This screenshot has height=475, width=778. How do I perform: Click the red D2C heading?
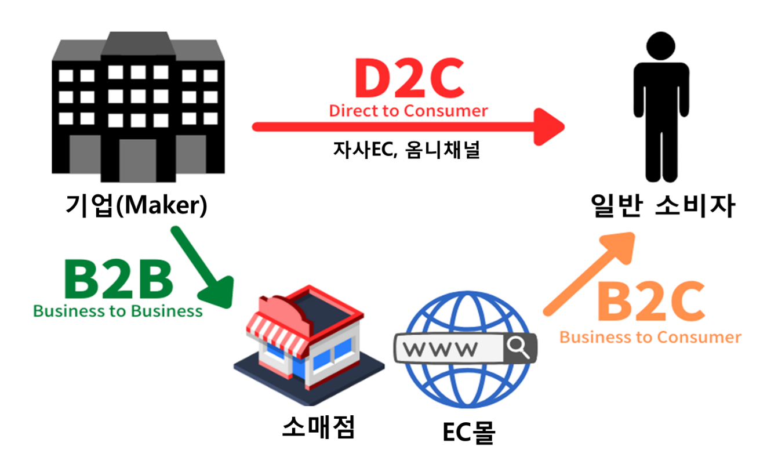(x=409, y=80)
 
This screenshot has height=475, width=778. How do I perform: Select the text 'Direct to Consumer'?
(x=408, y=111)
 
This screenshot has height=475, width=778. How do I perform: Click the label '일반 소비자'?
(x=662, y=205)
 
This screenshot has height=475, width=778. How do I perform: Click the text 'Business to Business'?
(x=118, y=311)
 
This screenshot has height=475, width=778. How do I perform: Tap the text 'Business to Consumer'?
(x=650, y=337)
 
